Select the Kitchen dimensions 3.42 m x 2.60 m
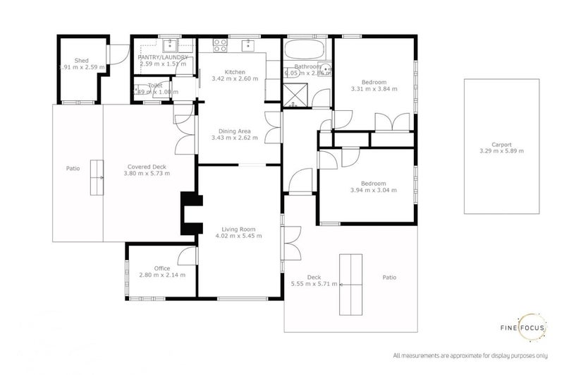pos(235,79)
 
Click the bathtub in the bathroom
pos(303,52)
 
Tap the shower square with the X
pos(295,93)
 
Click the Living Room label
pos(238,230)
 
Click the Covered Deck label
pos(147,166)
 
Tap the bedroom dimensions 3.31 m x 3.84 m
pos(374,89)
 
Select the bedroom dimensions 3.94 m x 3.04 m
pos(374,190)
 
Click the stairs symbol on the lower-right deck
pos(352,284)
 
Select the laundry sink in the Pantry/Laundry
pos(171,47)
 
